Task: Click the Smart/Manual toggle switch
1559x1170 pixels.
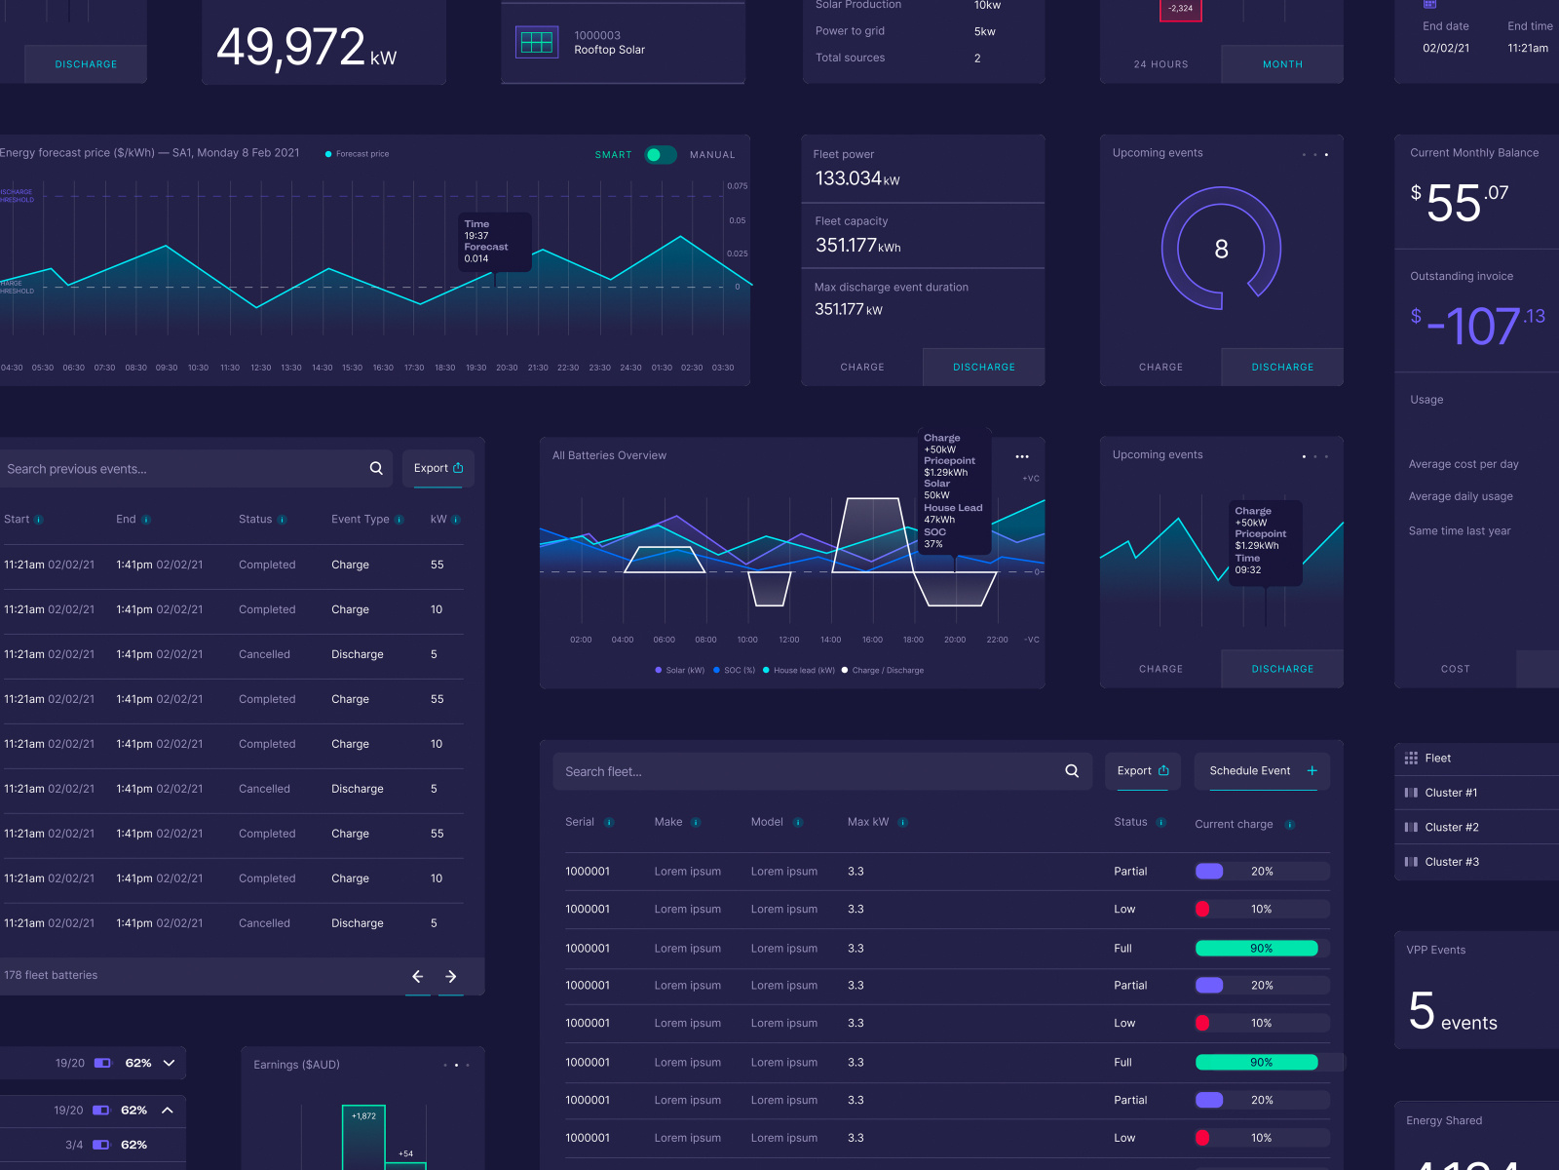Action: tap(661, 155)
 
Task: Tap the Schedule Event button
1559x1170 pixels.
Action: tap(1262, 771)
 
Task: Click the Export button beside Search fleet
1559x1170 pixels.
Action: tap(1142, 771)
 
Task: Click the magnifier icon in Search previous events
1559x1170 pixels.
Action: tap(376, 469)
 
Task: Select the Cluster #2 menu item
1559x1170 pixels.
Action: tap(1451, 828)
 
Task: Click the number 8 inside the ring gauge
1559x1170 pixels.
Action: tap(1221, 250)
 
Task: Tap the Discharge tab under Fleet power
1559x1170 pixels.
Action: tap(983, 368)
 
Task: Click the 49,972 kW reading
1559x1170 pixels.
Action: tap(306, 49)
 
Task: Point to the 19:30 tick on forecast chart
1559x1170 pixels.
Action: tap(475, 369)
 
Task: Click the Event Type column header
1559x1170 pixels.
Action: tap(361, 520)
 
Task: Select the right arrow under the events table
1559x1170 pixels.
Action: tap(451, 976)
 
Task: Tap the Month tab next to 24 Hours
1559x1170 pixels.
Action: tap(1282, 64)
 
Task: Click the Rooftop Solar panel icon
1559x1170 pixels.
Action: tap(537, 42)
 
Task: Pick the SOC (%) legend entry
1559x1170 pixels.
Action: tap(739, 671)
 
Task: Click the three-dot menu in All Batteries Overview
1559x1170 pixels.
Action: tap(1021, 456)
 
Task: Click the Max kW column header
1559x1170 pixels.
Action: tap(868, 823)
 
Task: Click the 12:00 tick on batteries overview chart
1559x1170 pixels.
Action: tap(789, 641)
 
